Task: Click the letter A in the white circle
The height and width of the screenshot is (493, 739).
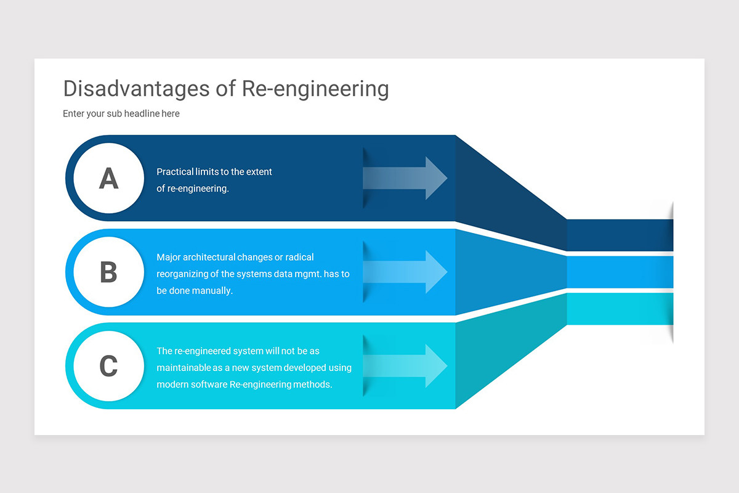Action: click(x=108, y=179)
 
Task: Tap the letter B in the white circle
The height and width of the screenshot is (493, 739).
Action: click(x=108, y=272)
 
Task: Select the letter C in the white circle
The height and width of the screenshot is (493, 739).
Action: click(x=108, y=366)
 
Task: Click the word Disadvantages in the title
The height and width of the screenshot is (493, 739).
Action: click(x=135, y=89)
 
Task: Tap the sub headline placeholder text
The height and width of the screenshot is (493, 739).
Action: click(x=121, y=113)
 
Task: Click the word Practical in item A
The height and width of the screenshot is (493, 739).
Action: click(x=174, y=172)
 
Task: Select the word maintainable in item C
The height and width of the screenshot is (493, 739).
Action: click(x=184, y=368)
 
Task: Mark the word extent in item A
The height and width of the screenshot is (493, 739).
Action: click(x=259, y=172)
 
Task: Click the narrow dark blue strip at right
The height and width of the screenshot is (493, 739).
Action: click(x=619, y=235)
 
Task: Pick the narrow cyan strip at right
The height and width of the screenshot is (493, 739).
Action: click(x=619, y=309)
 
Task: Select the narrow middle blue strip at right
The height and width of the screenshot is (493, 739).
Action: click(x=619, y=272)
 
